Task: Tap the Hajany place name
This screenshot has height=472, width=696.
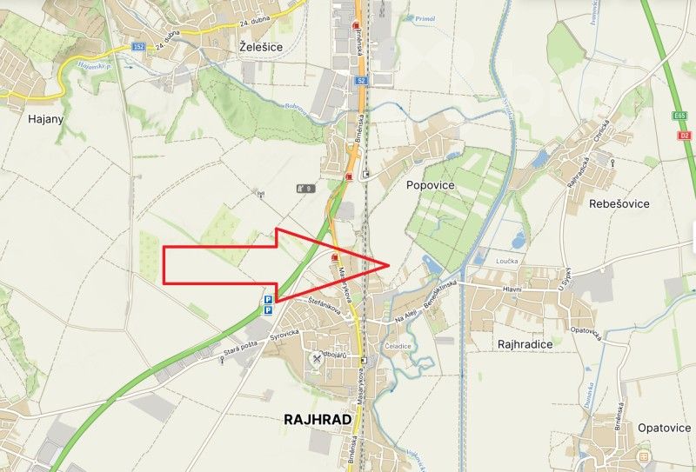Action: (x=22, y=118)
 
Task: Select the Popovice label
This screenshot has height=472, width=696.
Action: (x=431, y=185)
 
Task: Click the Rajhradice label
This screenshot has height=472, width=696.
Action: (x=525, y=344)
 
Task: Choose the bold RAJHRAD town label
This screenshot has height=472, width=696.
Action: (x=318, y=419)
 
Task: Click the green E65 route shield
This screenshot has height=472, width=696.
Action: (x=679, y=115)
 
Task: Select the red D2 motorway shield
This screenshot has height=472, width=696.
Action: (x=685, y=135)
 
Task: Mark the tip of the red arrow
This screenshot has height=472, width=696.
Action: (x=386, y=263)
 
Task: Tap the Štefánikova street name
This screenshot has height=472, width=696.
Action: (x=325, y=303)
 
